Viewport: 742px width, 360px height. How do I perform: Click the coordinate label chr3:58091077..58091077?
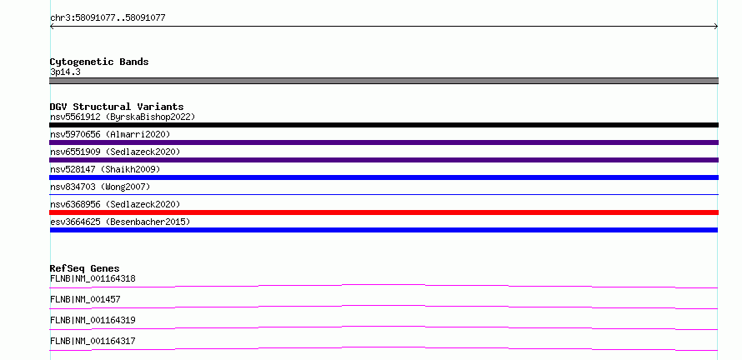click(108, 18)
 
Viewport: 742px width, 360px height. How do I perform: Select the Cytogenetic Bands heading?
click(99, 62)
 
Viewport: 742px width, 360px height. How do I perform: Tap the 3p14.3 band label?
click(65, 72)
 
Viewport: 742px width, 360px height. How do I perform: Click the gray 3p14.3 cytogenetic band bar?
click(384, 81)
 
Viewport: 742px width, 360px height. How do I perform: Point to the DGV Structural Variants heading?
click(117, 107)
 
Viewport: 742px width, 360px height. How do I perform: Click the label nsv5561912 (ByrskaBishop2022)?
click(123, 117)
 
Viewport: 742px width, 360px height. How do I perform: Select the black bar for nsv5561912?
click(384, 125)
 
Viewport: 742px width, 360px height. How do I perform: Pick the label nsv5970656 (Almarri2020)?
click(110, 134)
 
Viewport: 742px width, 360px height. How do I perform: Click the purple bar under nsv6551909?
click(384, 160)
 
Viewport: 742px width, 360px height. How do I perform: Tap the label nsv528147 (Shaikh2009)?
click(105, 169)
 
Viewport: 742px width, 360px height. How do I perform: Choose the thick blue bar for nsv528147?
click(384, 177)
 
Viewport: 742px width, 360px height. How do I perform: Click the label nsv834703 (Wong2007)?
click(100, 187)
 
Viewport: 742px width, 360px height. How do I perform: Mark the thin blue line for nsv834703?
click(384, 194)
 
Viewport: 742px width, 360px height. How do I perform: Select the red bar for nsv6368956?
click(384, 212)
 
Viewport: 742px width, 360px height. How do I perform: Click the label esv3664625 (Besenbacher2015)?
click(120, 222)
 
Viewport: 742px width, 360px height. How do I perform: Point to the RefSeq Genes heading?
click(84, 268)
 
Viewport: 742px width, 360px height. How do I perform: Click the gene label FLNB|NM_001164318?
click(93, 278)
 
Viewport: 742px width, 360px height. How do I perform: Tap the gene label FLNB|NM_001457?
click(85, 299)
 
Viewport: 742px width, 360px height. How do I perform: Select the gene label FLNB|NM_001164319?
click(93, 320)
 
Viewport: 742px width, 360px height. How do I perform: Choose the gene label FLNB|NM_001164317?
click(93, 341)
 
